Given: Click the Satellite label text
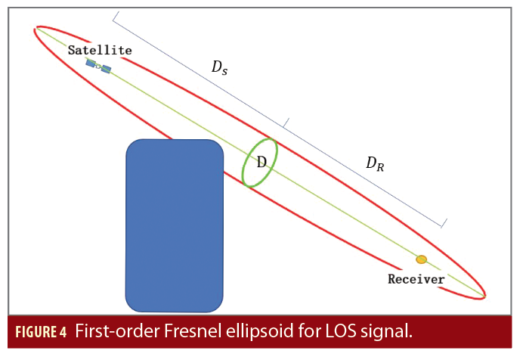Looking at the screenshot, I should [100, 51].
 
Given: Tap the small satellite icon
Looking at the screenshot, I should [98, 67].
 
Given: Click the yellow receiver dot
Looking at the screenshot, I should [421, 259].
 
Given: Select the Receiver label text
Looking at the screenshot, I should [416, 278].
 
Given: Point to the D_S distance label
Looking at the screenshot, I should [219, 68].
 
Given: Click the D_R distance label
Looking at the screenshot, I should [375, 163].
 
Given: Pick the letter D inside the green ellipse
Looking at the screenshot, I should [261, 162].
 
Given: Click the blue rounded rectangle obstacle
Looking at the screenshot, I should [175, 225].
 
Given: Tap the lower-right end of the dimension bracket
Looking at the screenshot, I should [444, 224].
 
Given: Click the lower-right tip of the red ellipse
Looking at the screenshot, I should [484, 294].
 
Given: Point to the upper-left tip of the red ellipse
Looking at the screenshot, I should [36, 29].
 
